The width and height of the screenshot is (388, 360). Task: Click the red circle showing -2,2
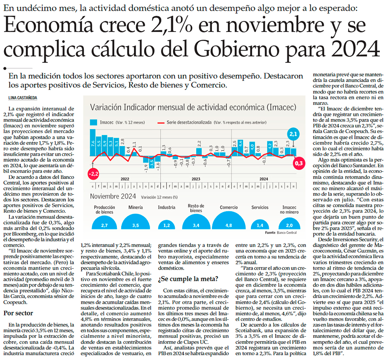tap(93, 173)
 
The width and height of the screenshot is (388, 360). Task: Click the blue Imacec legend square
tap(94, 122)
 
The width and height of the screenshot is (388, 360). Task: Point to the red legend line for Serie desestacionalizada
tap(165, 122)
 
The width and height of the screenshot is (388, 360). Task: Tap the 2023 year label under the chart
tap(196, 179)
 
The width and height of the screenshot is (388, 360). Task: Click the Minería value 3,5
tap(135, 225)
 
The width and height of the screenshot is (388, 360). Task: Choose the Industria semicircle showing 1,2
tap(166, 225)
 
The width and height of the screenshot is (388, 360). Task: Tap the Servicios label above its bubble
tap(260, 207)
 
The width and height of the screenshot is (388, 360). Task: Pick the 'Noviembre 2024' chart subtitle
tap(113, 197)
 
